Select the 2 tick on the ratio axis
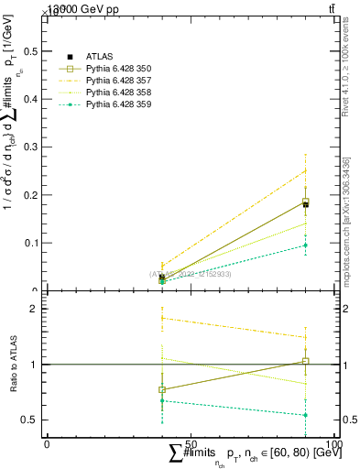[35, 309]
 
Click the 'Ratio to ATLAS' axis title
[12, 364]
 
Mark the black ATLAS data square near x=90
[305, 204]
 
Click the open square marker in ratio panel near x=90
[305, 361]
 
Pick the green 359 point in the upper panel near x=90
[305, 245]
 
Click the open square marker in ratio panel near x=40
[162, 389]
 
